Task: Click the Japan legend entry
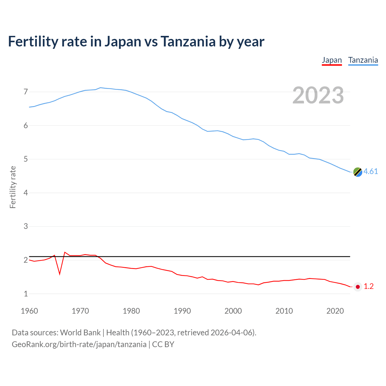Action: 332,60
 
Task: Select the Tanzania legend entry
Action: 363,60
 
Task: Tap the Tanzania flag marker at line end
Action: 358,172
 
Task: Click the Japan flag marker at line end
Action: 358,287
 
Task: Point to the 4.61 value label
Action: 371,172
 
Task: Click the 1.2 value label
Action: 369,286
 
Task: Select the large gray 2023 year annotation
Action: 318,95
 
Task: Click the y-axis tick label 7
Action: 26,92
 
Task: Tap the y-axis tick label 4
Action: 26,193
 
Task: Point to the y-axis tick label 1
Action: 26,294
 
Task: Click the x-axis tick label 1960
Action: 29,311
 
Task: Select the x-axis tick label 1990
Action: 182,311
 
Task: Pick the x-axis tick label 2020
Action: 335,311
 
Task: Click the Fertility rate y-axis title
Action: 13,187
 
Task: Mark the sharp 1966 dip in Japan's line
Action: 60,274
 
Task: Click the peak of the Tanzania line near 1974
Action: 100,88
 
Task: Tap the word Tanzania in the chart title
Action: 188,42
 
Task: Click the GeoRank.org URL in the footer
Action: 79,344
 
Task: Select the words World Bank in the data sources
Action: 80,333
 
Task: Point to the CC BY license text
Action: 163,344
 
